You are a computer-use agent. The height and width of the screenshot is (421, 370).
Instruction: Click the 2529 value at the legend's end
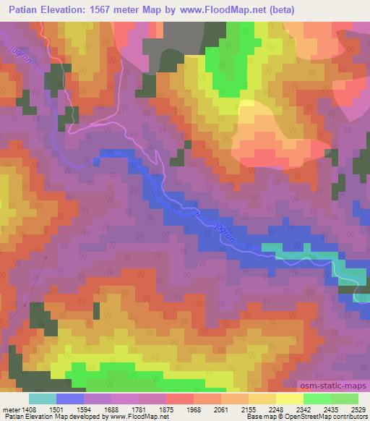click(359, 408)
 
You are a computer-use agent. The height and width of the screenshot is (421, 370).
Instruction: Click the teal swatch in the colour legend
click(42, 399)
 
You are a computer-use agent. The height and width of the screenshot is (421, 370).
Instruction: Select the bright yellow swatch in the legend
click(289, 399)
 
